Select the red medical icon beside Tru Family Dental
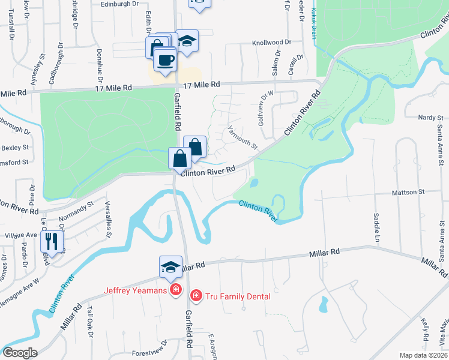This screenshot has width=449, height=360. [x=195, y=296]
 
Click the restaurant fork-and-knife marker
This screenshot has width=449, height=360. [x=51, y=242]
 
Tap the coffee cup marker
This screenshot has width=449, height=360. [x=164, y=60]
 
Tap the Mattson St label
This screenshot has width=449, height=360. [x=408, y=193]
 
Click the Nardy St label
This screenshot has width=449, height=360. [x=430, y=118]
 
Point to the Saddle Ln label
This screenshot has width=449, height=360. [x=378, y=223]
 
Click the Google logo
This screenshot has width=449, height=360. [x=20, y=353]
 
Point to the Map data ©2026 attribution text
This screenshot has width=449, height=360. [x=424, y=355]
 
